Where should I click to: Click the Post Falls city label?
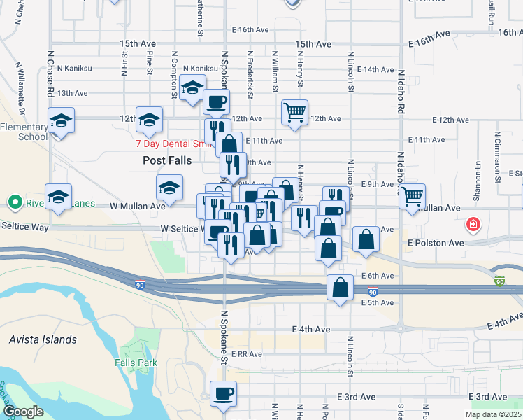166,160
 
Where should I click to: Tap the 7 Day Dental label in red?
173,144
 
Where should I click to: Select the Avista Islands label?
43,340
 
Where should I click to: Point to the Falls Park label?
136,363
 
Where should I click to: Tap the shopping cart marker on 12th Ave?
295,112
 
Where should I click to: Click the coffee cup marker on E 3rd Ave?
223,393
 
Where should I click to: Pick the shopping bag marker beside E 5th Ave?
340,288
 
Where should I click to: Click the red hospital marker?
474,225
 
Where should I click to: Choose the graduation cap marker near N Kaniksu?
192,87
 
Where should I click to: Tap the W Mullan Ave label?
138,206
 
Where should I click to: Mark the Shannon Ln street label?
479,175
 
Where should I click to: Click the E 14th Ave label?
375,69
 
